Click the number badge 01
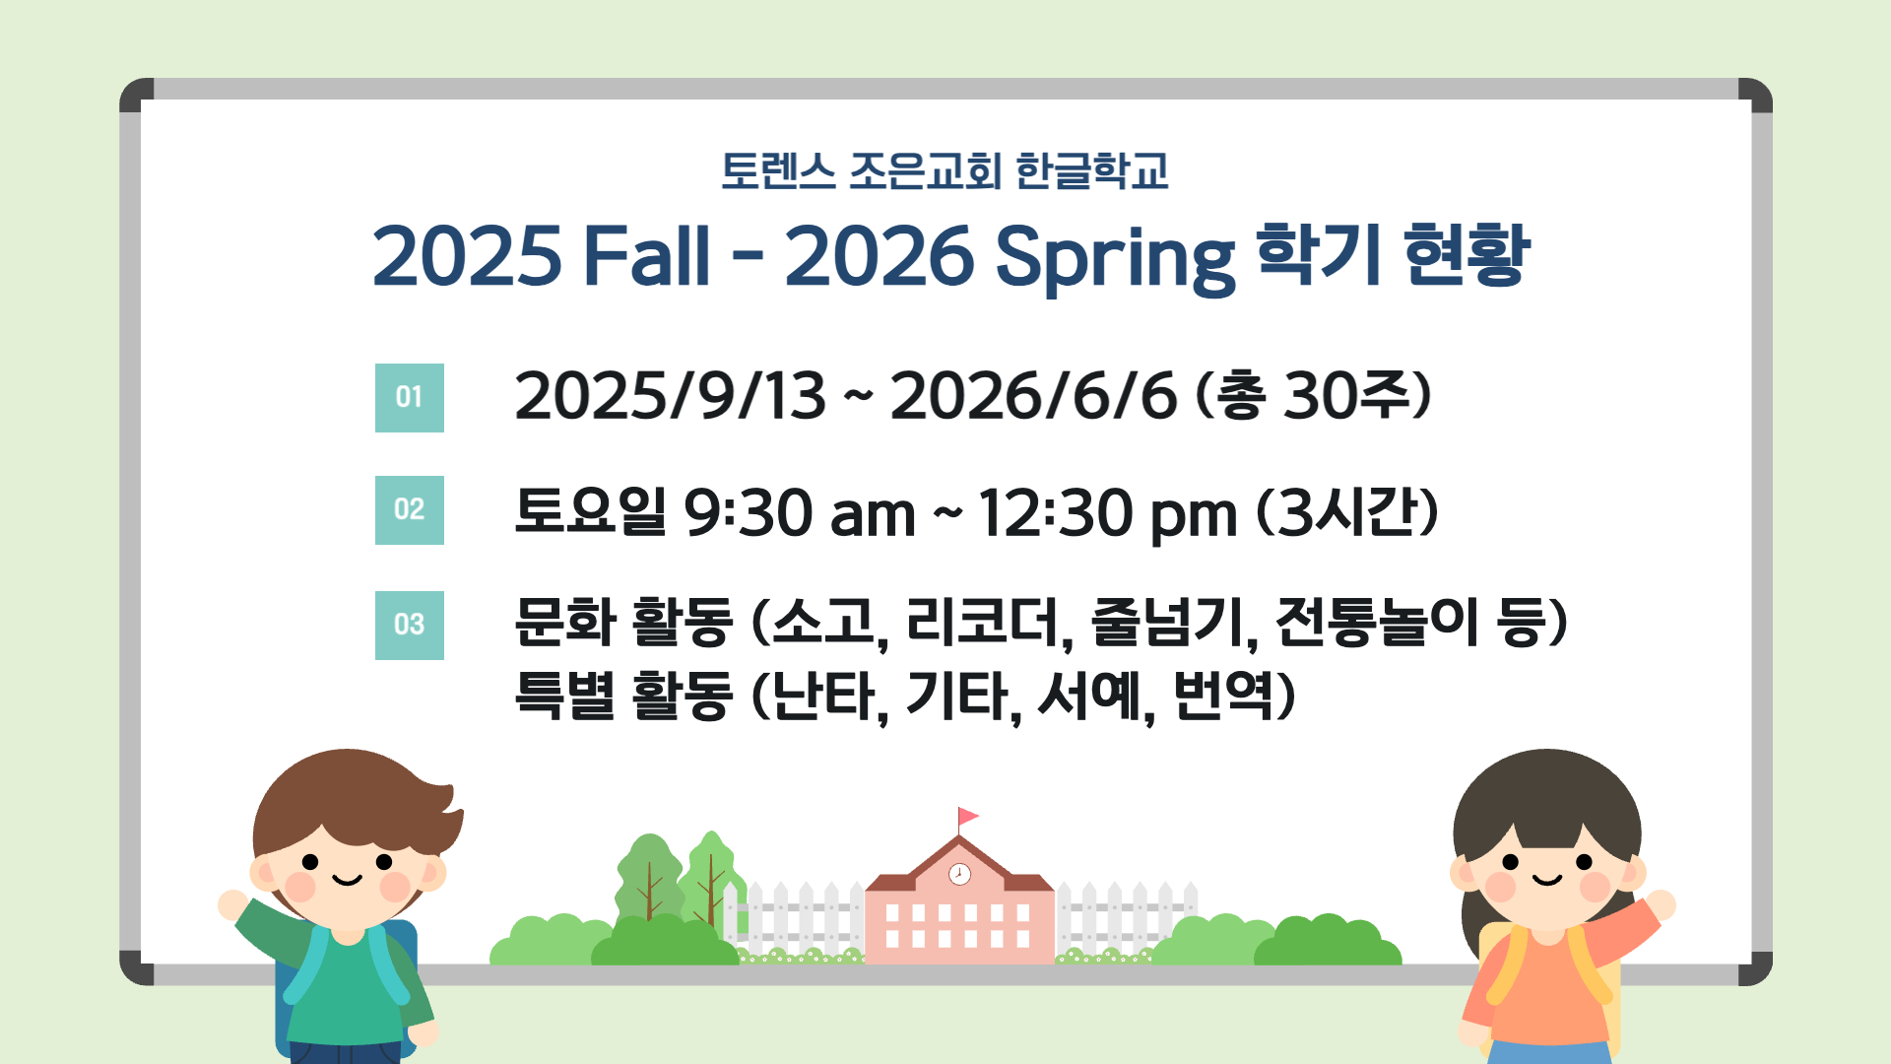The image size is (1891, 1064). tap(410, 398)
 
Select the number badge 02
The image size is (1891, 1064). tap(410, 510)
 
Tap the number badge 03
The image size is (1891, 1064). tap(410, 626)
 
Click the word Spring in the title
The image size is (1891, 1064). tap(1115, 258)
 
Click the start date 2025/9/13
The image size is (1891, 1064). tap(671, 396)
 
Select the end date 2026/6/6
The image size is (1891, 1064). tap(1034, 396)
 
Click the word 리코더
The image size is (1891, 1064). tap(988, 623)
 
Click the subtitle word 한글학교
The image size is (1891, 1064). tap(1091, 171)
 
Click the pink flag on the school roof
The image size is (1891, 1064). tap(968, 817)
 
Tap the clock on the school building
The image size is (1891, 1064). tap(959, 874)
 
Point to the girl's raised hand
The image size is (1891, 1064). tap(1660, 904)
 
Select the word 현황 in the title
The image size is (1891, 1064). tap(1466, 254)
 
